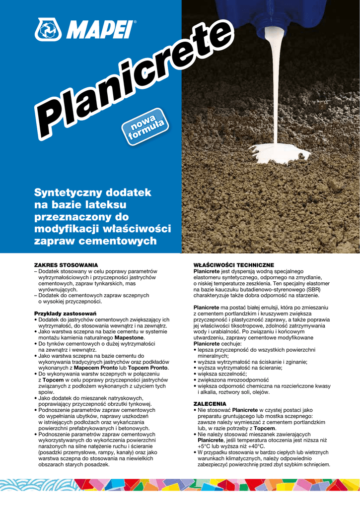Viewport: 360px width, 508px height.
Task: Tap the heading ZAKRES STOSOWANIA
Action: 66,265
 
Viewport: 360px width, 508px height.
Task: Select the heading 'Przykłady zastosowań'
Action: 65,314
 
